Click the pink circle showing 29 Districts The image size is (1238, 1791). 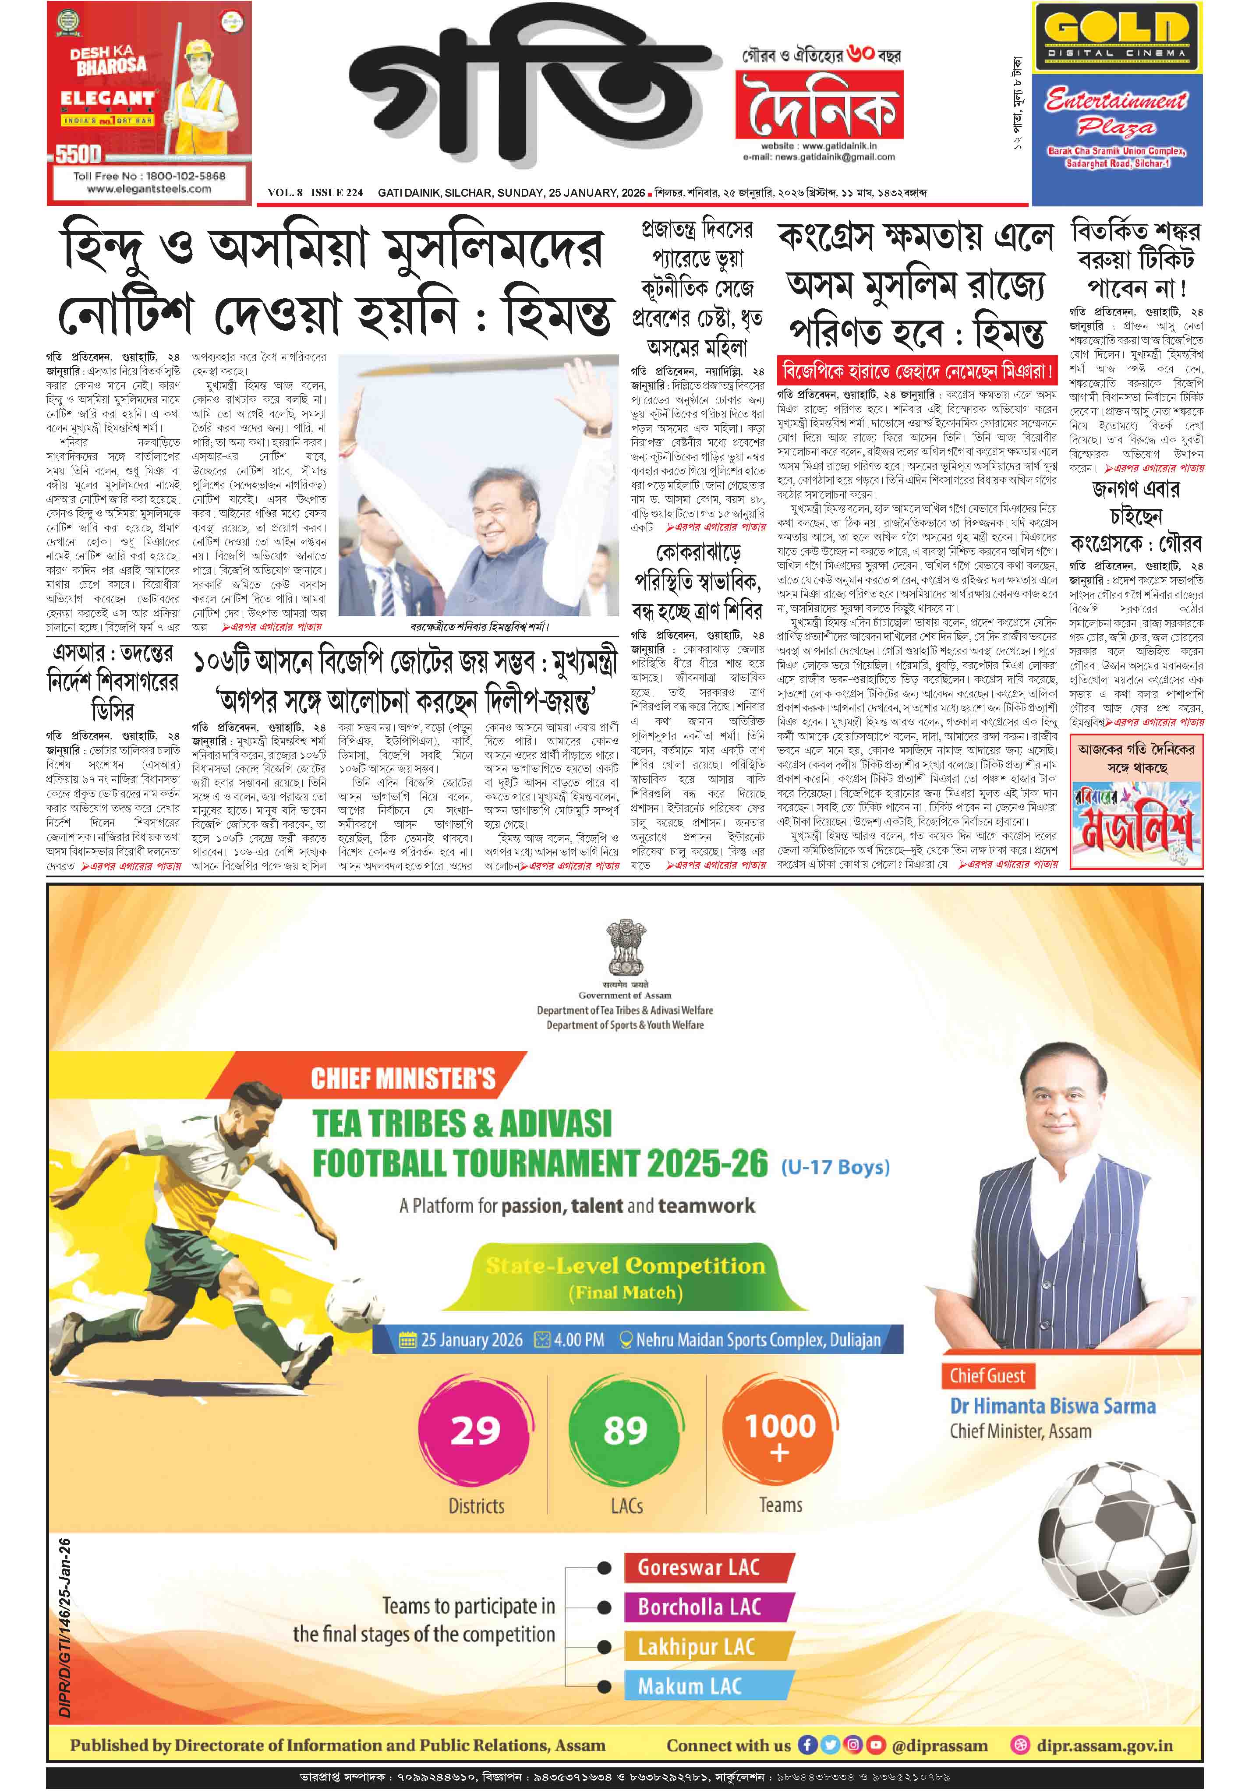tap(475, 1431)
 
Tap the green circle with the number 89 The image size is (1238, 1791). tap(625, 1431)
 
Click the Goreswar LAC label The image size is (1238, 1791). tap(699, 1567)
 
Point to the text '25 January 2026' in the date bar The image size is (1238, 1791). tap(472, 1340)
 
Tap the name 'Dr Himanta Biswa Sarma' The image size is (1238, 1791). tap(1053, 1406)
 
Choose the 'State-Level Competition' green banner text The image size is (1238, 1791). tap(625, 1266)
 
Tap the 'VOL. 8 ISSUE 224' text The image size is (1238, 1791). tap(315, 192)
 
